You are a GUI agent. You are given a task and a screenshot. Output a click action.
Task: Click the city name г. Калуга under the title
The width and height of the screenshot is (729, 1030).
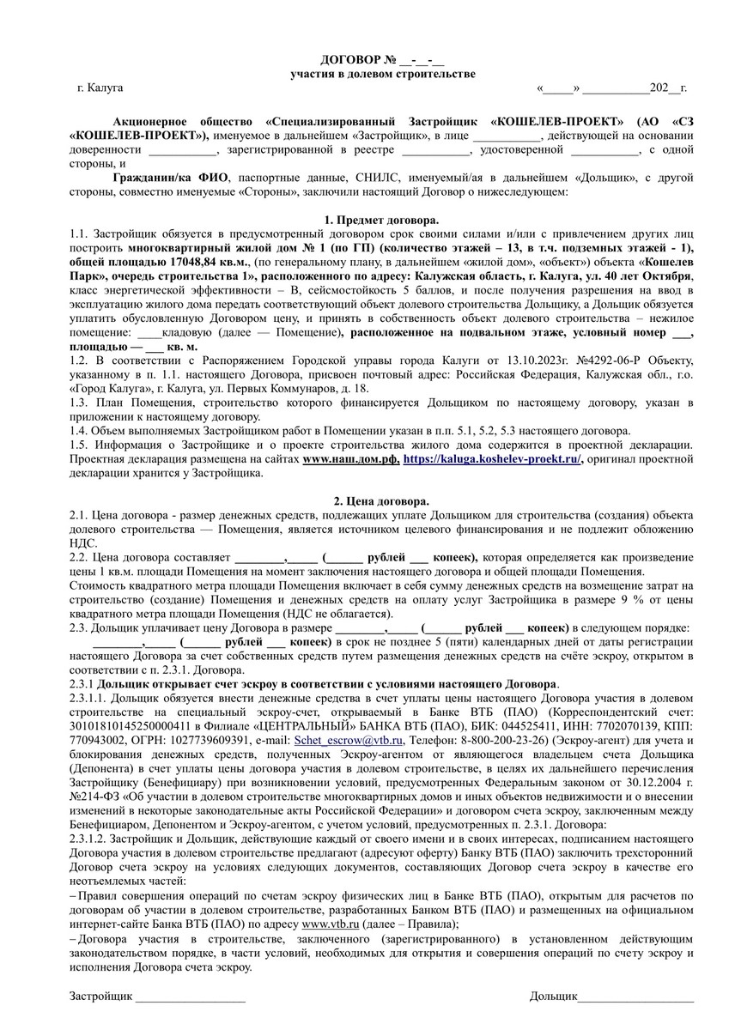pos(100,88)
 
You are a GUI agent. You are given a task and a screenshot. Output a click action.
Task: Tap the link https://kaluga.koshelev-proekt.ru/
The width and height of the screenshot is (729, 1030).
pos(492,458)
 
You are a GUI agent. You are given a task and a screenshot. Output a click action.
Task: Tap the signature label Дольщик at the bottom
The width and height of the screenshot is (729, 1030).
pos(554,996)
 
